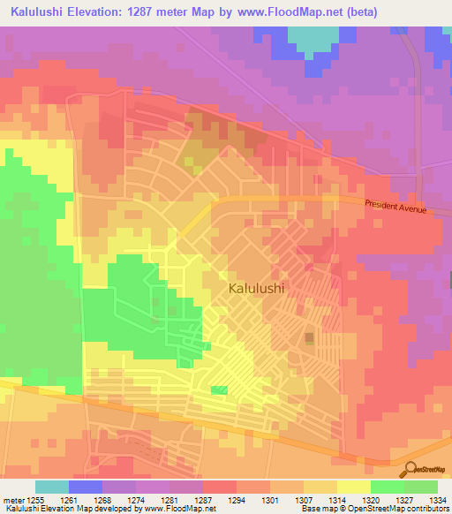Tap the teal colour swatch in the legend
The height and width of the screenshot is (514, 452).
point(52,487)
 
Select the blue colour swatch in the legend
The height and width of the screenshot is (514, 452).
point(86,487)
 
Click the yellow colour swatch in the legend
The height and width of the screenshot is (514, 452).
point(354,487)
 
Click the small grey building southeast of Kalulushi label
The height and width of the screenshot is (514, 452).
point(309,339)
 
